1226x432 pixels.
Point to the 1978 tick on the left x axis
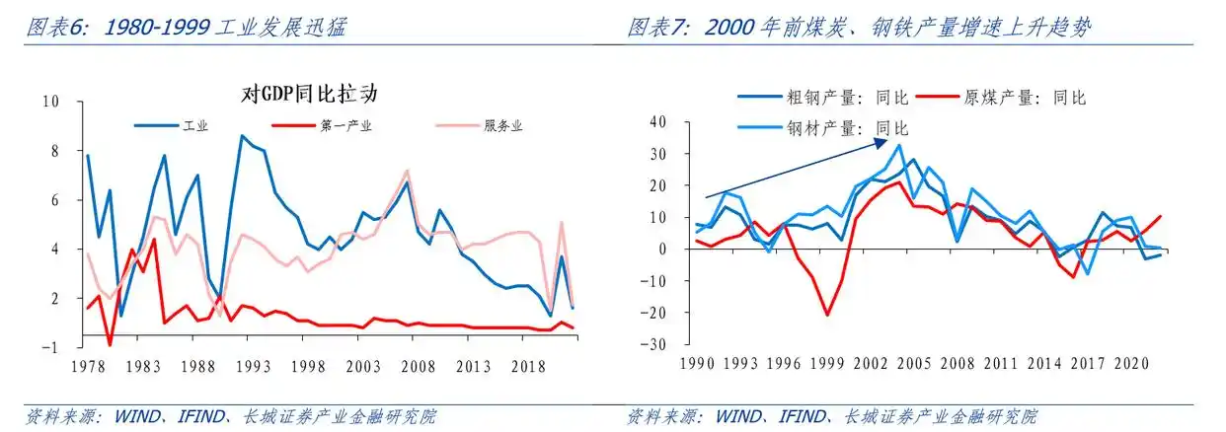(87, 366)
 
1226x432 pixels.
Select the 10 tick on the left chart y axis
(52, 102)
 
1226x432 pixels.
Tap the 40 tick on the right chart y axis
(659, 121)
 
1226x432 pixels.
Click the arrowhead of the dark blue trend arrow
(880, 143)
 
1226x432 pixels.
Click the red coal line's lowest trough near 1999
(828, 315)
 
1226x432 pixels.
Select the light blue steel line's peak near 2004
(898, 146)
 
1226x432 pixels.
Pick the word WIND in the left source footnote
(126, 416)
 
